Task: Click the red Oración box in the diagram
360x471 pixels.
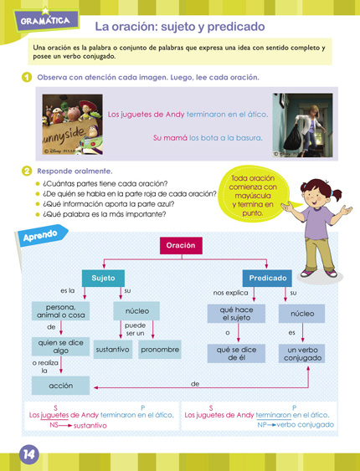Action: (x=181, y=245)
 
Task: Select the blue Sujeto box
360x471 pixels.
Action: (x=103, y=278)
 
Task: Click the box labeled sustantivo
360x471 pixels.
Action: (x=112, y=349)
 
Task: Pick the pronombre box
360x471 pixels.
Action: (x=159, y=349)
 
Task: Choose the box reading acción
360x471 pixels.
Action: (x=61, y=386)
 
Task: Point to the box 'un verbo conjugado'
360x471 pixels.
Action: (x=301, y=353)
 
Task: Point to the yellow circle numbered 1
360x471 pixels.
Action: (x=27, y=78)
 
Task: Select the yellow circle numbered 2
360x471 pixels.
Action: (x=27, y=171)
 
